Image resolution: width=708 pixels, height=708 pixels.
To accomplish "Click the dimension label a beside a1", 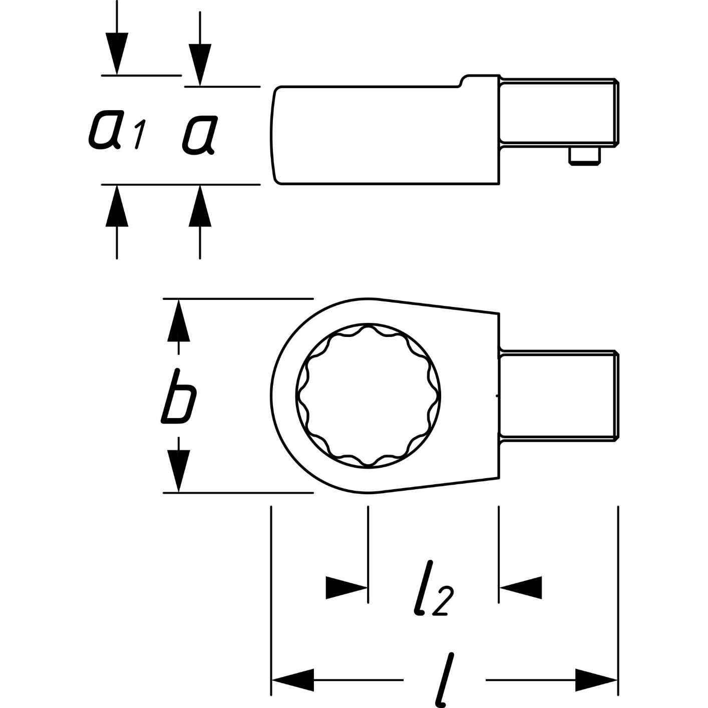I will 199,134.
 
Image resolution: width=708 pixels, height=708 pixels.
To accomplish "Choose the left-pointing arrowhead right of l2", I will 521,587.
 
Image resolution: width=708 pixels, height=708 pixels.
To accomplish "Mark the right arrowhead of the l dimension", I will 596,679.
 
